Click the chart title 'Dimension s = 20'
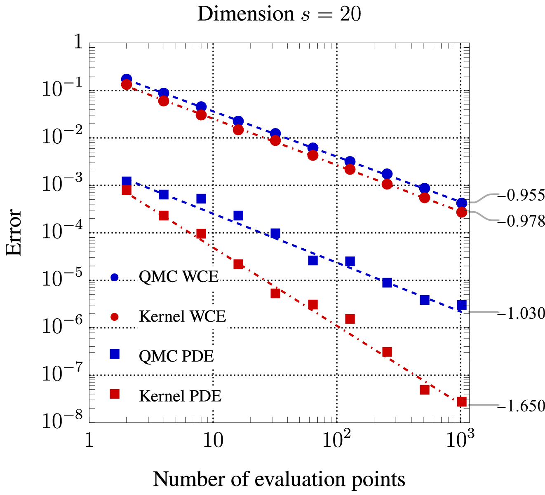(279, 14)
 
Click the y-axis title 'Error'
(14, 232)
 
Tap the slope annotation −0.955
(521, 195)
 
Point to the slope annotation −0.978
(521, 221)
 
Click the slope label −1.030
(521, 313)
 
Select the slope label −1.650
(521, 406)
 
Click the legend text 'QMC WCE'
(179, 277)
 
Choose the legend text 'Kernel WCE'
(183, 316)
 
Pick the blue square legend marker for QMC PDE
(115, 354)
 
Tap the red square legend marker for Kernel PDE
(115, 394)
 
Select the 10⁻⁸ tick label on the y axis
(62, 420)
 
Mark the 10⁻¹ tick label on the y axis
(62, 88)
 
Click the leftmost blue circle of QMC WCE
(127, 79)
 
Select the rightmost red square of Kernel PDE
(462, 402)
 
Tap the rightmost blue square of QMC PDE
(462, 305)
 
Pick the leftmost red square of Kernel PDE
(127, 190)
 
